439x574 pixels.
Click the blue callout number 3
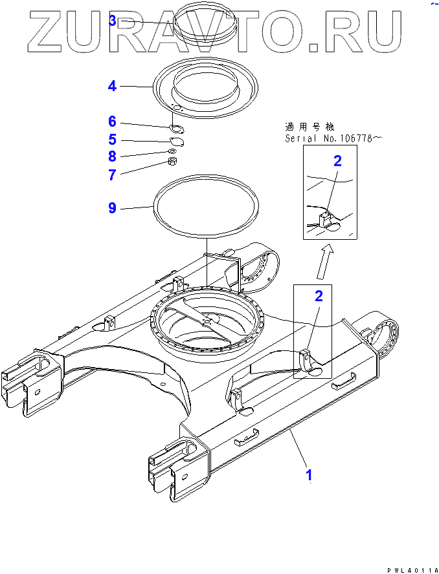coord(113,21)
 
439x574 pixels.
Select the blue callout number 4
coord(112,85)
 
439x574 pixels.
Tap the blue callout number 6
coord(112,122)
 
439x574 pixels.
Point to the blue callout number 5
coord(112,139)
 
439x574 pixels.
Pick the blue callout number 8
coord(112,156)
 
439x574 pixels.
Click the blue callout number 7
coord(112,175)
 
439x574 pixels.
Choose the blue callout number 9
coord(112,207)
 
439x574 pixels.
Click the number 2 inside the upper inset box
coord(337,161)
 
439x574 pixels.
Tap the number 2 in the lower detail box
coord(318,296)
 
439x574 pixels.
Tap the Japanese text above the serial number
coord(309,126)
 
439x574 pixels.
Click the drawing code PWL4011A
coord(410,569)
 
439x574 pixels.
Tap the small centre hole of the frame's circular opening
coord(207,321)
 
